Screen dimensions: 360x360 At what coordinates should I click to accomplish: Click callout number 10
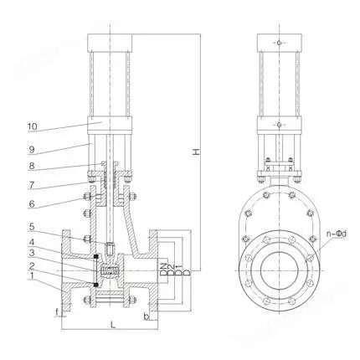[x=32, y=126]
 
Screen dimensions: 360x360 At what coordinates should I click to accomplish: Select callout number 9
[x=31, y=150]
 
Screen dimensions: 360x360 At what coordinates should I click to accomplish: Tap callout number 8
[x=31, y=167]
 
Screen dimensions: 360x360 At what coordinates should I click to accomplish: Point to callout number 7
[x=31, y=185]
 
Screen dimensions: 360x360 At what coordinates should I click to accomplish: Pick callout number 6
[x=31, y=203]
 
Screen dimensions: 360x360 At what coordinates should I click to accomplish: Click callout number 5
[x=32, y=227]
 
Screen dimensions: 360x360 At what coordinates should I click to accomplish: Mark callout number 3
[x=32, y=253]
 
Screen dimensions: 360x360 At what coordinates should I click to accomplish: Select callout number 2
[x=32, y=265]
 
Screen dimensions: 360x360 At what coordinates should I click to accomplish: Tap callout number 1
[x=32, y=276]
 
